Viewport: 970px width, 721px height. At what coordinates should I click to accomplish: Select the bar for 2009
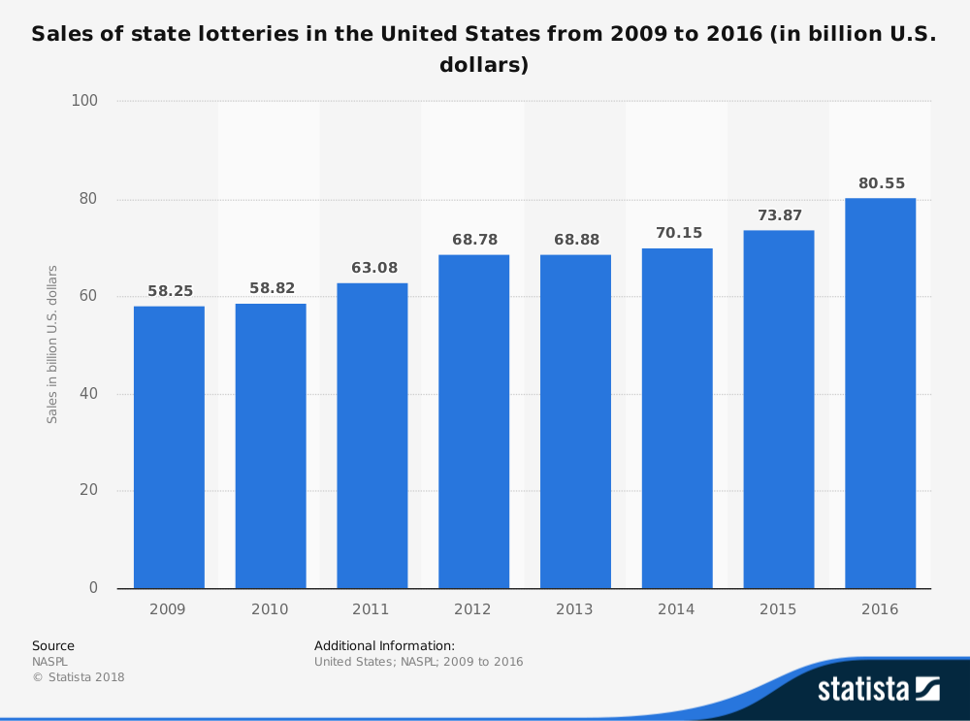tap(169, 447)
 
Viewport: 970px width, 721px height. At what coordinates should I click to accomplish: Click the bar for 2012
tap(473, 421)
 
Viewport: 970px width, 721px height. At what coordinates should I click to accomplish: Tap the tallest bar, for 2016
tap(880, 393)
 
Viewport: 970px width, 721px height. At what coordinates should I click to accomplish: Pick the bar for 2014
tap(677, 418)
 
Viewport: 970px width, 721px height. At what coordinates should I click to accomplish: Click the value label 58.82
tap(271, 288)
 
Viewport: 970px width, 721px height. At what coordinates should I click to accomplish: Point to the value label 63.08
tap(372, 268)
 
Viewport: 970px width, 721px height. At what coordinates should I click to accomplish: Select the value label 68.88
tap(575, 240)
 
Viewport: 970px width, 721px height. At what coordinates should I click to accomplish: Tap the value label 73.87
tap(779, 215)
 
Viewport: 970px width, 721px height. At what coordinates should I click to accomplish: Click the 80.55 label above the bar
tap(880, 182)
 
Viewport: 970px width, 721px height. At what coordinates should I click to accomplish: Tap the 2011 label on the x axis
tap(372, 609)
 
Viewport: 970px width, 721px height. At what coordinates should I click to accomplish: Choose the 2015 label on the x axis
tap(778, 609)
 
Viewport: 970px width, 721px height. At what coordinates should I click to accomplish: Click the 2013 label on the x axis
tap(575, 609)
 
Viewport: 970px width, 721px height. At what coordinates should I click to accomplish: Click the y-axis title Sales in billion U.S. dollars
tap(52, 344)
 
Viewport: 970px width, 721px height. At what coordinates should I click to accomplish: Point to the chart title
tap(484, 49)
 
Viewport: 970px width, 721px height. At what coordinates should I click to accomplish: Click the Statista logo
tap(878, 689)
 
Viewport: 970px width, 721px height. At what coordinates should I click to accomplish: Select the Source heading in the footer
tap(53, 645)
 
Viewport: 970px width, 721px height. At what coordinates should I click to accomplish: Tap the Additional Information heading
tap(384, 645)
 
